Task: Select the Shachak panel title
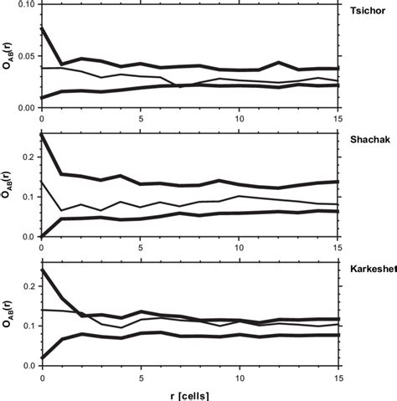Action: point(367,141)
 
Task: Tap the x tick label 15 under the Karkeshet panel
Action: point(338,377)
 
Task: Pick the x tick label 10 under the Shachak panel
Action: point(239,247)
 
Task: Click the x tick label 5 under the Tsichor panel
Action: point(140,118)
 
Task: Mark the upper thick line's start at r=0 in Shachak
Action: point(42,136)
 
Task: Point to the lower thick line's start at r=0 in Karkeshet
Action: point(42,358)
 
